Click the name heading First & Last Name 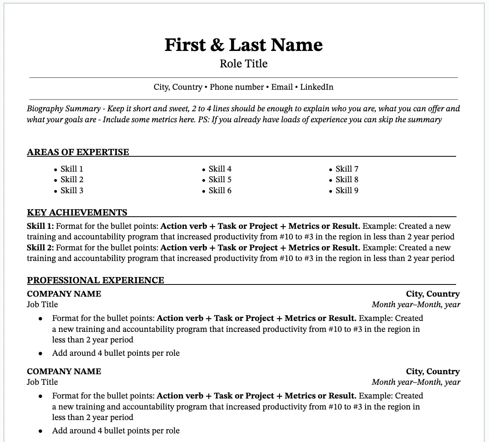pos(243,45)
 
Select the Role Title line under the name pos(243,63)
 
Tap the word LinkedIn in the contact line pos(317,87)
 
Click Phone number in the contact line pos(237,87)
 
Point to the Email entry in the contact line pos(282,87)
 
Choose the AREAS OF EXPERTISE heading pos(78,152)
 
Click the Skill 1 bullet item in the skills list pos(72,169)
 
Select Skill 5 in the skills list pos(220,179)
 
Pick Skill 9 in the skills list pos(347,190)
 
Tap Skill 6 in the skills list pos(220,190)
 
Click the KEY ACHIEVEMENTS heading pos(77,212)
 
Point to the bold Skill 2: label pos(40,248)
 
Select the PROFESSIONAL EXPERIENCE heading pos(96,280)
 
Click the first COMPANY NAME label pos(64,294)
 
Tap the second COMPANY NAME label pos(64,371)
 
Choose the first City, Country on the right pos(433,294)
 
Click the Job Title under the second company pos(42,382)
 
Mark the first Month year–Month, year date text pos(416,304)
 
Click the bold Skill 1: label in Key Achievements pos(40,226)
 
